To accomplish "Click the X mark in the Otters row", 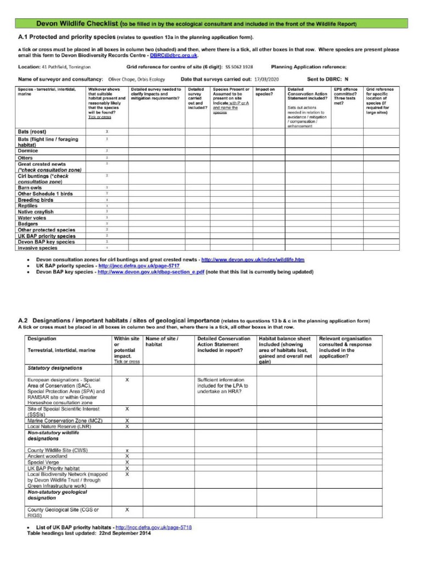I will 107,158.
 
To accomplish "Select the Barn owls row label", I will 31,187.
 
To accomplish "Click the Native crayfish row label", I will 36,212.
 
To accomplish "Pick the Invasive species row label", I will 37,248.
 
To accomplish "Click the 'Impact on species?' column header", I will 266,91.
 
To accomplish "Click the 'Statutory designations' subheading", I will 55,368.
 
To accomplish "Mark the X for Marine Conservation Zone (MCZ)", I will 127,420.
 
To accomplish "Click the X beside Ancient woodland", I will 127,456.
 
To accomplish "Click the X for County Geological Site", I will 127,510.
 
